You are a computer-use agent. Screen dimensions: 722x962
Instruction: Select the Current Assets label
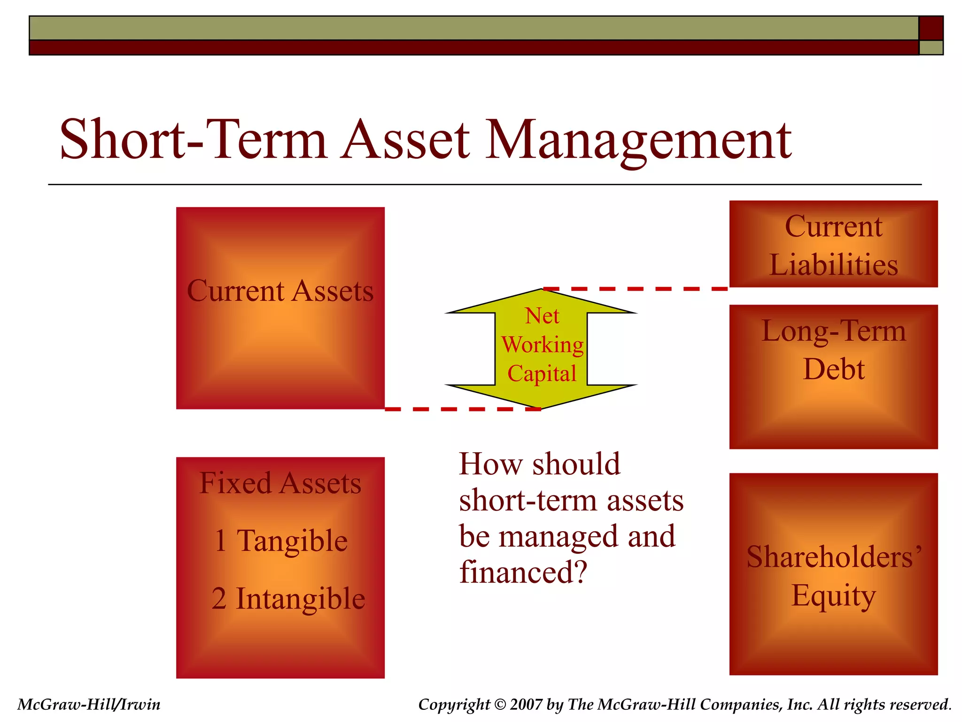280,291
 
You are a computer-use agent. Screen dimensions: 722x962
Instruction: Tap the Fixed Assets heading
280,483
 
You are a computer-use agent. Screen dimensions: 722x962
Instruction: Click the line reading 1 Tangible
281,541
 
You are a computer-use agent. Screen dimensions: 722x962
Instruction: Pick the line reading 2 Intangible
288,599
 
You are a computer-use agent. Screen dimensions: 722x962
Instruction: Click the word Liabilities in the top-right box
833,265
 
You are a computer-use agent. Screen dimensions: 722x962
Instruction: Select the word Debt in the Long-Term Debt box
833,369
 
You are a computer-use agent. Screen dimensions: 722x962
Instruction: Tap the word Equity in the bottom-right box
833,596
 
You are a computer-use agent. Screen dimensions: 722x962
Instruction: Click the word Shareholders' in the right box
833,557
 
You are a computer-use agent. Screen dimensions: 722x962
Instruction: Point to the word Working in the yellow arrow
542,345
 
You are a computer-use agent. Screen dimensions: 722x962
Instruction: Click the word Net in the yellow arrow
542,316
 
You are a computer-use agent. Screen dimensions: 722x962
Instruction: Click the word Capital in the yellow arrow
542,374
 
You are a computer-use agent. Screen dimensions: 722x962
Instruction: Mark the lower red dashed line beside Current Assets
463,409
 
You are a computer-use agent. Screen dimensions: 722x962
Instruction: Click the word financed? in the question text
523,572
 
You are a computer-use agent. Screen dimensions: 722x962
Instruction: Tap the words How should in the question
539,464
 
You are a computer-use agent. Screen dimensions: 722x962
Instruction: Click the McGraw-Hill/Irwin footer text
89,705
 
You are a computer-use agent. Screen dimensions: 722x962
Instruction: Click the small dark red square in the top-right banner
931,28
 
